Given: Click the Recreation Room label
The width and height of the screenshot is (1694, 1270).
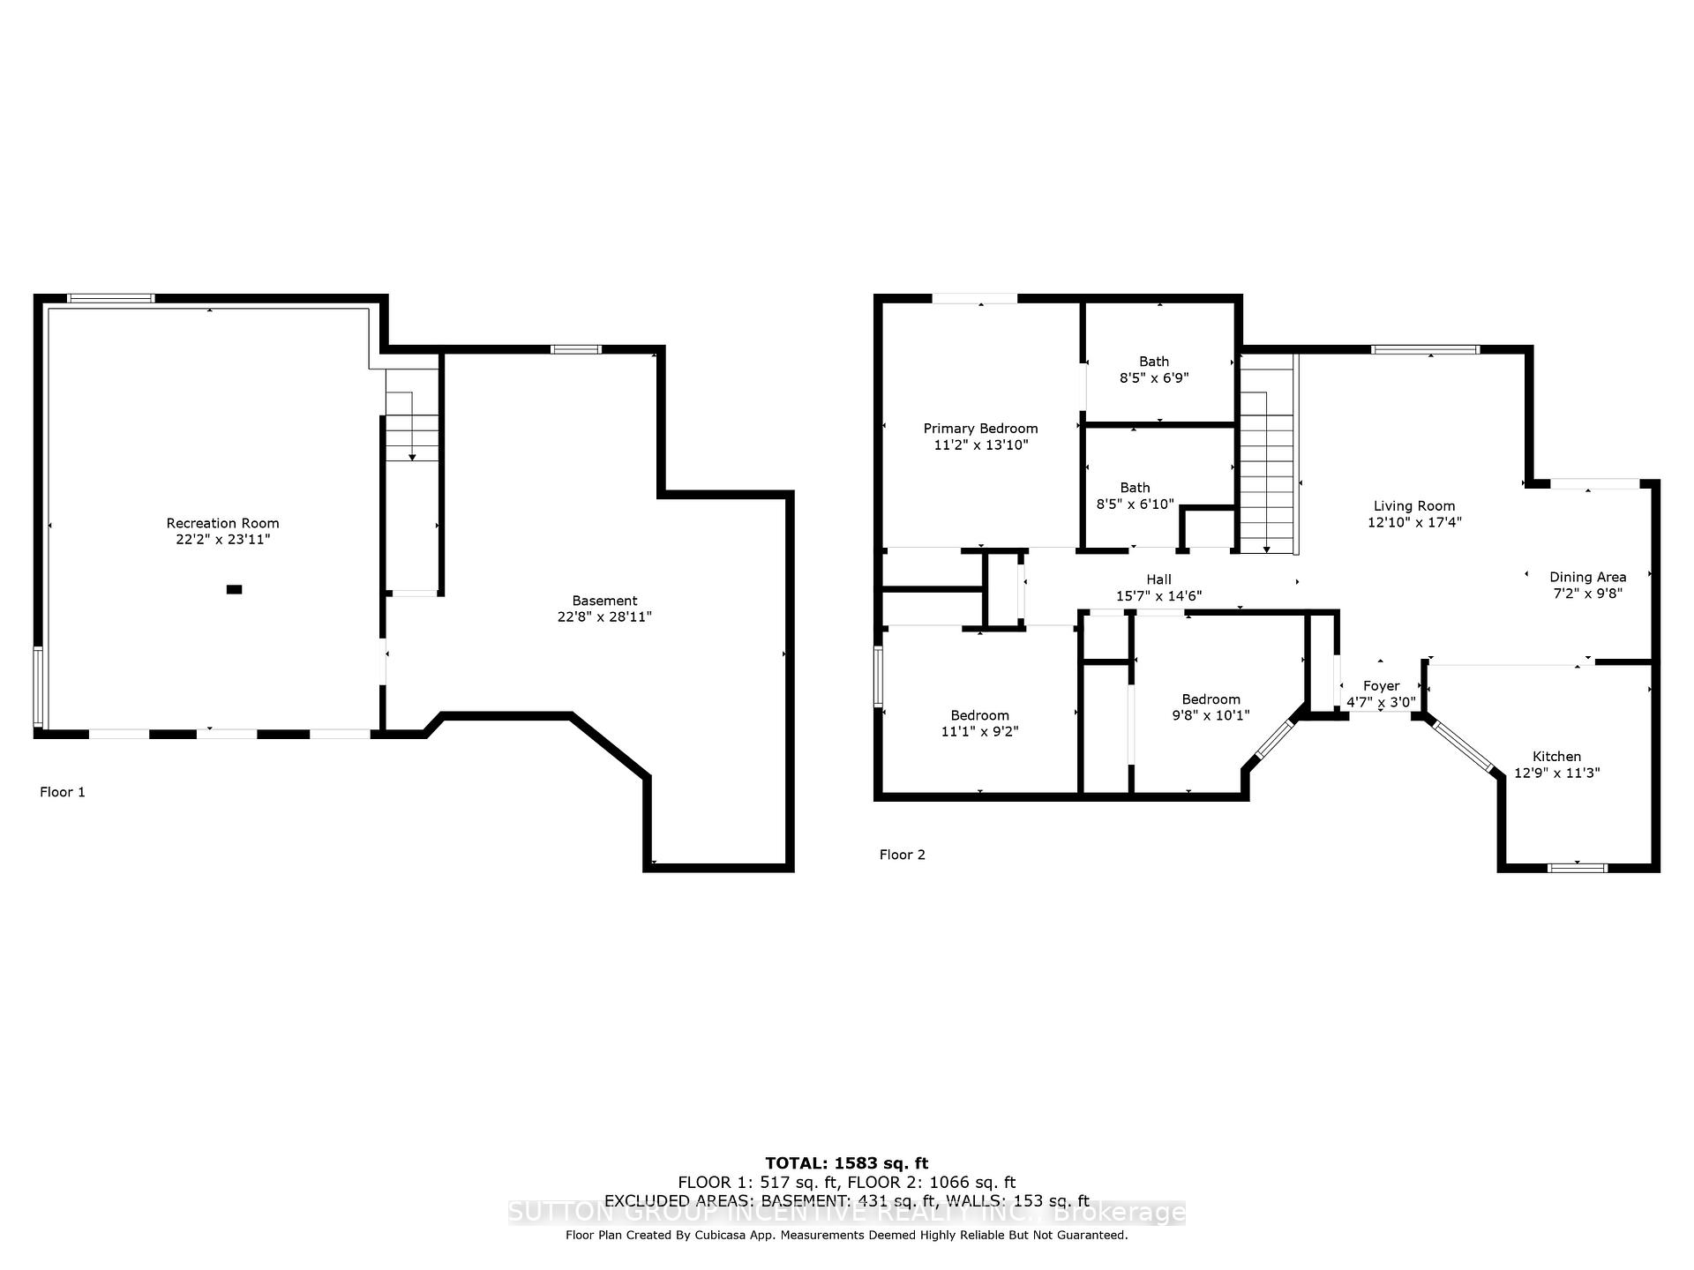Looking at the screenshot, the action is coord(222,523).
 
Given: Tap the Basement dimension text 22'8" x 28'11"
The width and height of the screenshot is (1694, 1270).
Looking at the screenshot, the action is coord(604,617).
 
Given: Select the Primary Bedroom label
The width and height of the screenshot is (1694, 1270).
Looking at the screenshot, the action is coord(980,429).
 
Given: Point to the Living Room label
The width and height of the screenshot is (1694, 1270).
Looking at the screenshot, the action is coord(1414,506).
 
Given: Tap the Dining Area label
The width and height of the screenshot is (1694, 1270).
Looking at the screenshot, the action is coord(1588,578).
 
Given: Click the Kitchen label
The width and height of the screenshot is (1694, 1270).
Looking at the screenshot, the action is coord(1556,757).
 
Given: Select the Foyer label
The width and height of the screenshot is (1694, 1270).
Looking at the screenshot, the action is coord(1381,686).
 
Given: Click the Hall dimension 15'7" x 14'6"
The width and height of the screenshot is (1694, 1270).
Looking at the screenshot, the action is coord(1158,596).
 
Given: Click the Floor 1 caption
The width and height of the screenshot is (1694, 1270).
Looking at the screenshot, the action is coord(63,792).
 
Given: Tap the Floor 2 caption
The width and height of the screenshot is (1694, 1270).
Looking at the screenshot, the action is coord(903,855).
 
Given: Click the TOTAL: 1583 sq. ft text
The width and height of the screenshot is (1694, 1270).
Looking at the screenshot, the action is coord(847,1163).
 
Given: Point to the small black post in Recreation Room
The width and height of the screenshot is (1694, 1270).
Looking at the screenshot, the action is coord(234,589).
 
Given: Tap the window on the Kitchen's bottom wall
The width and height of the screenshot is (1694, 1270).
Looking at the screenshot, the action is coord(1578,868).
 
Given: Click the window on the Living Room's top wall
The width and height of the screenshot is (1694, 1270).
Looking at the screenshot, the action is coord(1426,349).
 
